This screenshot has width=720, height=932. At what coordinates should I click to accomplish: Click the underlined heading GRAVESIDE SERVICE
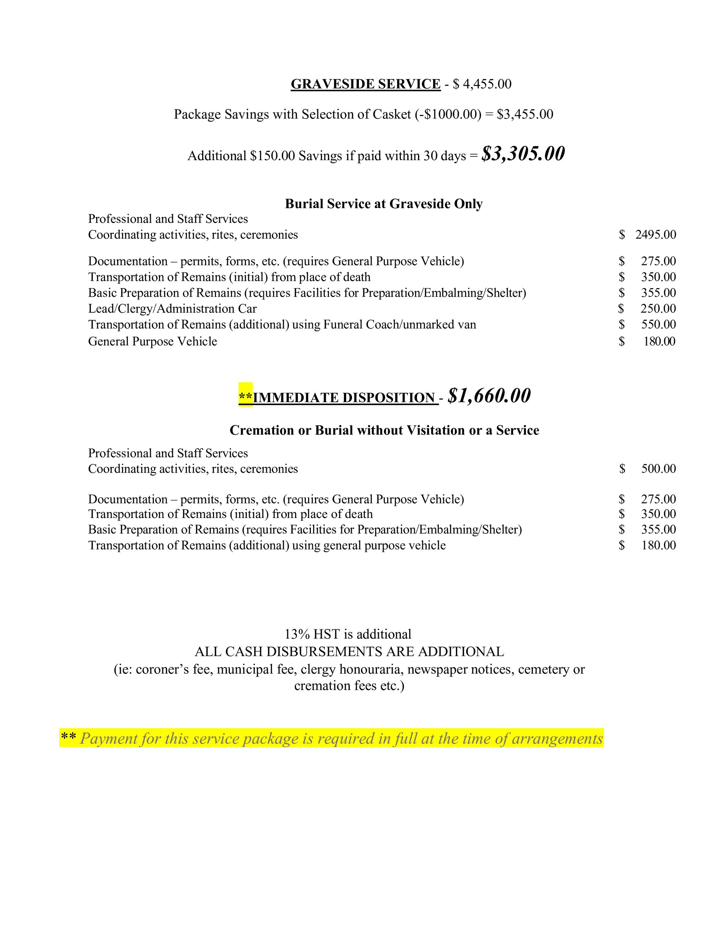coord(365,84)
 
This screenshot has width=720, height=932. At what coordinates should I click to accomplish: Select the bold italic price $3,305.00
coord(523,154)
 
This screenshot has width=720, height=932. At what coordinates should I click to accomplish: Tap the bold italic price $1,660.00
coord(489,396)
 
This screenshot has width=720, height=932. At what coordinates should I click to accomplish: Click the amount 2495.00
coord(655,235)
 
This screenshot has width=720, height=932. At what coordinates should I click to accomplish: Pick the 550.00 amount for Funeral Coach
coord(658,325)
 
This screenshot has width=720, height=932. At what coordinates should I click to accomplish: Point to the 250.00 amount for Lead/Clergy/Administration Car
coord(658,309)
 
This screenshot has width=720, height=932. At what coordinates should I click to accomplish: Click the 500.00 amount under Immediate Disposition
coord(658,469)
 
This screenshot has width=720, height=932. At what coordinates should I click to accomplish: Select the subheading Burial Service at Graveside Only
coord(384,204)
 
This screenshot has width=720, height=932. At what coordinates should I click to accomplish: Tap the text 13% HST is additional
coord(348,634)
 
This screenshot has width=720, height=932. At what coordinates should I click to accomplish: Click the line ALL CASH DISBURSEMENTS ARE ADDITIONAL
coord(349,651)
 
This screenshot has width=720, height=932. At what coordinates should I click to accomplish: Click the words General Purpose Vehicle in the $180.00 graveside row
coord(152,341)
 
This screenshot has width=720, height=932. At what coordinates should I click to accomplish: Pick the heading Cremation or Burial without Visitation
coord(384,430)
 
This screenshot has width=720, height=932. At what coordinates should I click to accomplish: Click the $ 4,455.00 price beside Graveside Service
coord(482,84)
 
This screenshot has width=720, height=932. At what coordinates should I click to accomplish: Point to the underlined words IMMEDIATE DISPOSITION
coord(344,398)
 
